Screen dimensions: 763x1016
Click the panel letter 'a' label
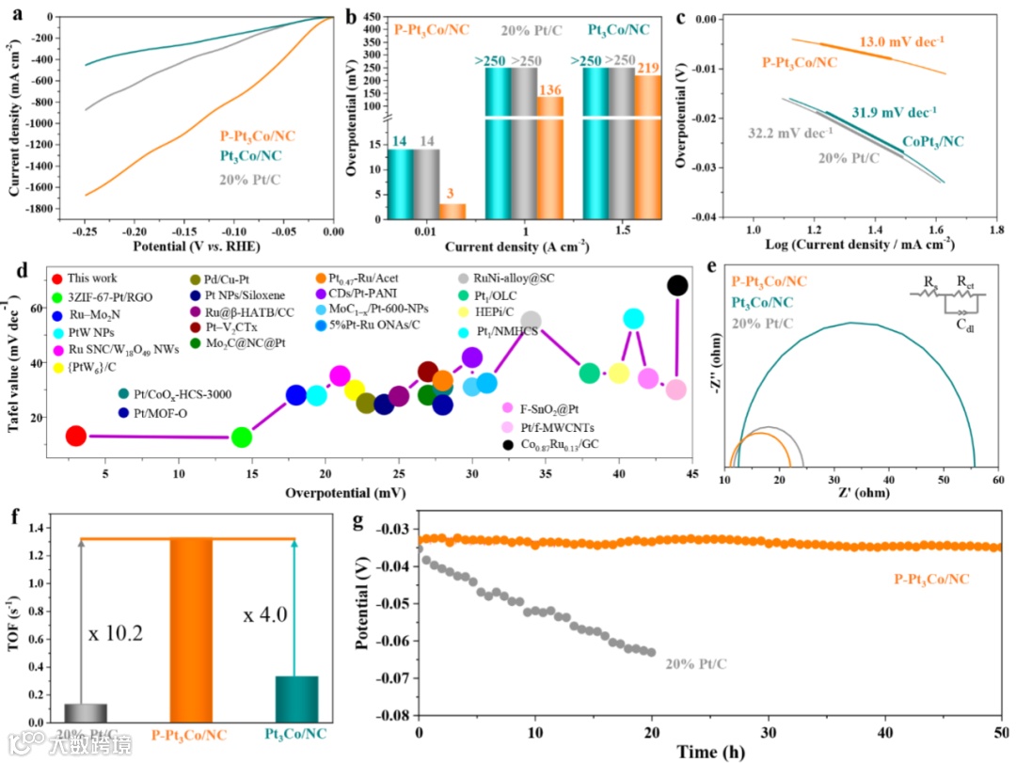coord(12,14)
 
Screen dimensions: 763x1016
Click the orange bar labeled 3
coord(452,211)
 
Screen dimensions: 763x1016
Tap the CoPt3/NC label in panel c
coord(934,142)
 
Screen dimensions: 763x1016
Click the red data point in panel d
coord(76,436)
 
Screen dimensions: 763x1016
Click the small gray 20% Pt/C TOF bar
coord(86,712)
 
